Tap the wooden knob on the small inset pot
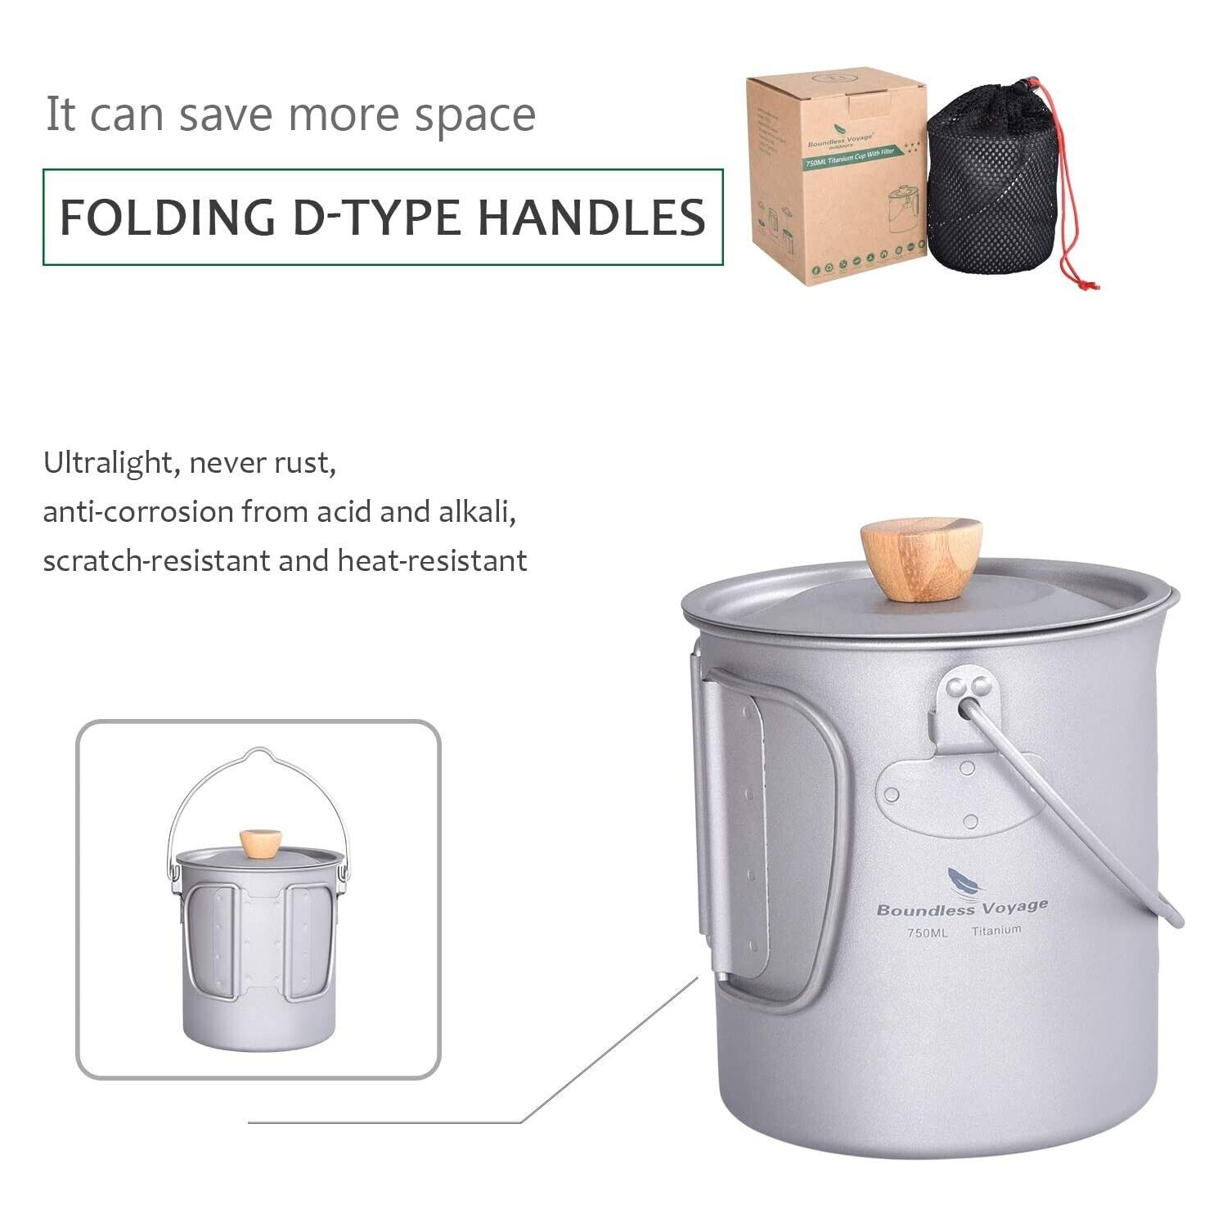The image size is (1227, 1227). pos(261,843)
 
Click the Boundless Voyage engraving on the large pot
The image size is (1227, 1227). pos(962,907)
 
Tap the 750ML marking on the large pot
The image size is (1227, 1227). pos(928,933)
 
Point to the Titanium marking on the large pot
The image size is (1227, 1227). pos(996,930)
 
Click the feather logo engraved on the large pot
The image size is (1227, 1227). pos(962,882)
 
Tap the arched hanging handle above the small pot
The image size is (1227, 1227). pos(258,757)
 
